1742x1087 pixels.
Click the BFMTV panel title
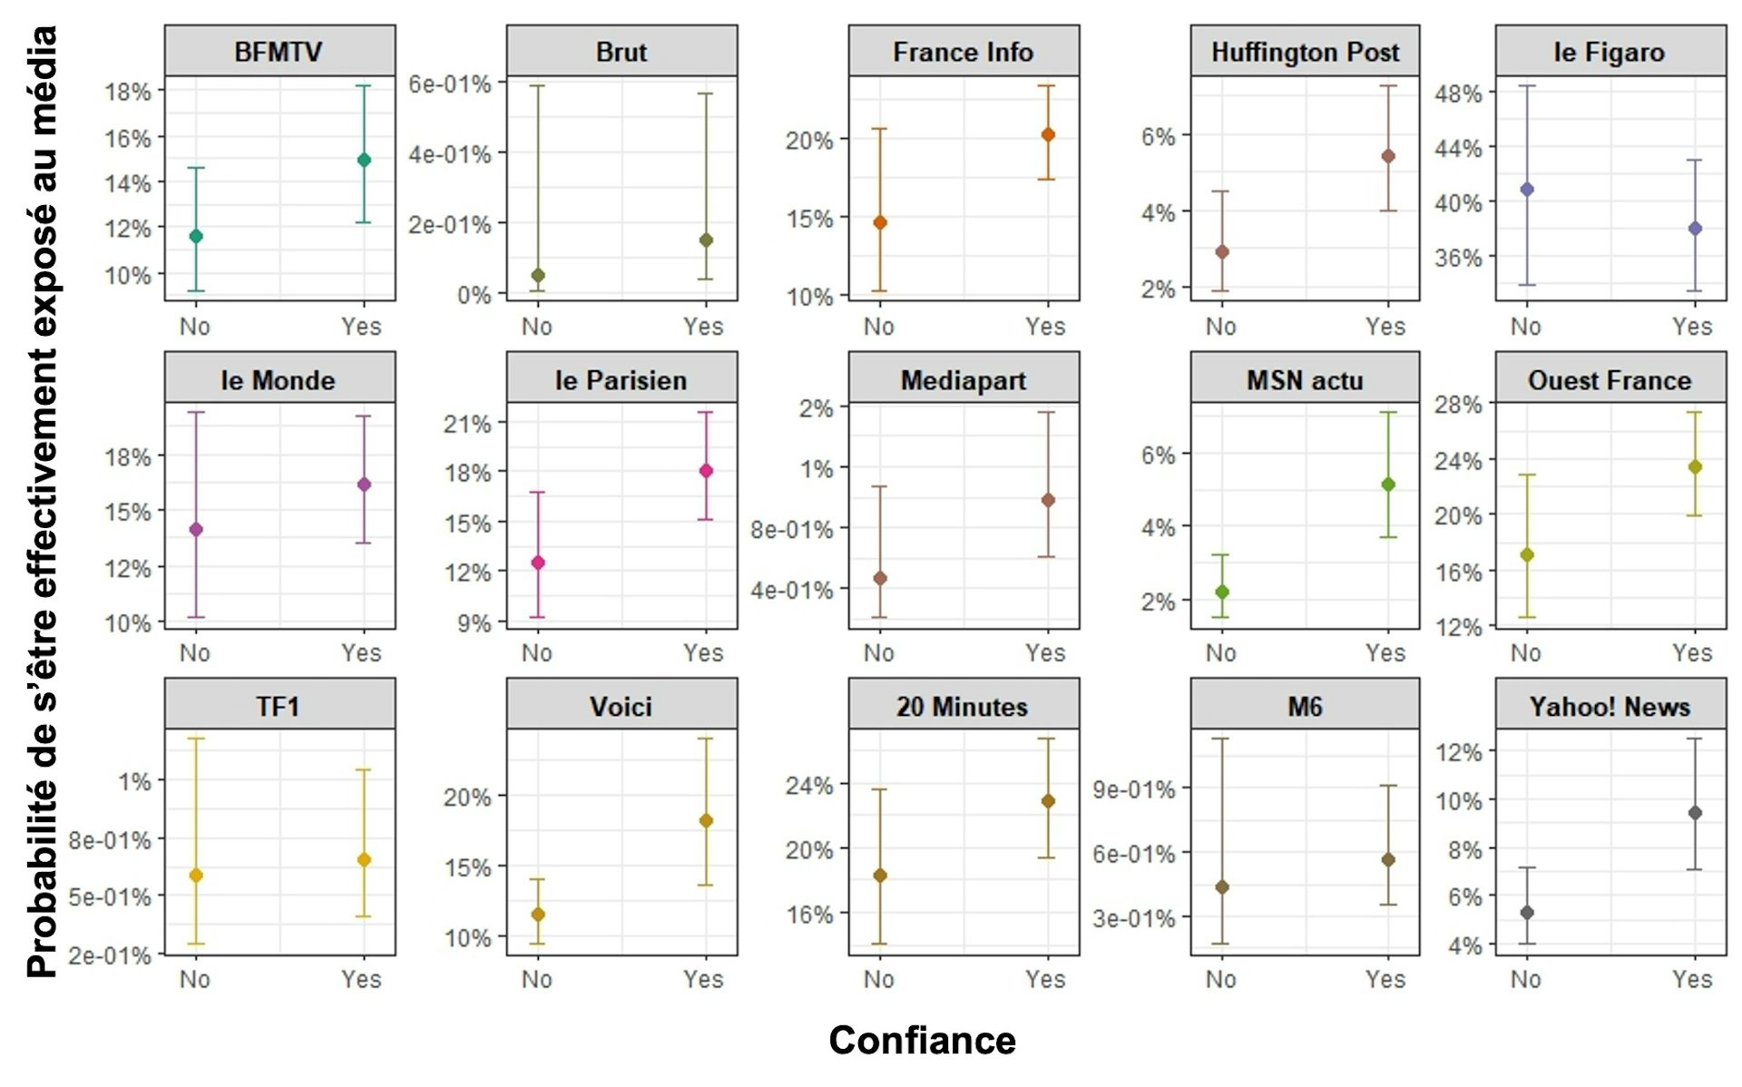coord(279,52)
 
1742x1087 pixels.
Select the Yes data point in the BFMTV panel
coord(364,161)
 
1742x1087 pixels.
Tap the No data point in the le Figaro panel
coord(1527,190)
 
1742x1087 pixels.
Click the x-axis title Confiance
coord(922,1040)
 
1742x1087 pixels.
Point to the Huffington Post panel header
coord(1305,52)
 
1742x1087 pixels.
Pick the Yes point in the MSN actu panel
coord(1388,485)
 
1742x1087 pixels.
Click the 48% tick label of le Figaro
coord(1458,93)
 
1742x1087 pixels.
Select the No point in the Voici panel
coord(538,915)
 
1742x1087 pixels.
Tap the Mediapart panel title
coord(964,380)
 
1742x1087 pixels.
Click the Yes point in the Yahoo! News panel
coord(1695,813)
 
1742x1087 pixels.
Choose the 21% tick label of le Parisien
coord(466,424)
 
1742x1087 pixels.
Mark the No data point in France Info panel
coord(880,222)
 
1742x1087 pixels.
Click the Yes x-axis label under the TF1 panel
coord(361,980)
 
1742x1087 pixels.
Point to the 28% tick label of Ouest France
coord(1458,405)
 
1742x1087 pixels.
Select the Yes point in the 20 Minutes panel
coord(1048,801)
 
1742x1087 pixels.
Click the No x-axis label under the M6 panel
coord(1220,980)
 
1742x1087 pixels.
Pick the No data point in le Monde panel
coord(196,529)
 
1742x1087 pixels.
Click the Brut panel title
coord(621,52)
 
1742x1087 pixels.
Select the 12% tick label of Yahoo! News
coord(1458,752)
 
